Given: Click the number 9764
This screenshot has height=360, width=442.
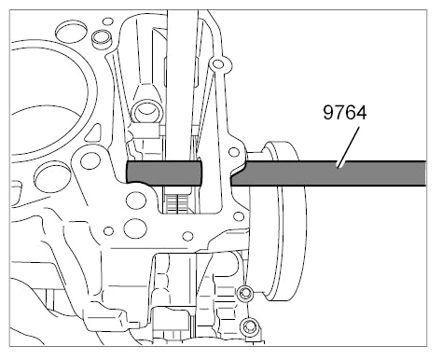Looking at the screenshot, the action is pyautogui.click(x=345, y=112).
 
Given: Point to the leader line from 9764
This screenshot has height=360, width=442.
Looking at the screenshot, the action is pyautogui.click(x=349, y=146).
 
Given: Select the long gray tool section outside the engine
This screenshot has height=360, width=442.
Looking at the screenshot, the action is pyautogui.click(x=328, y=173).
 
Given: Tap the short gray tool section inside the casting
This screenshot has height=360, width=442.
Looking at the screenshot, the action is pyautogui.click(x=164, y=173).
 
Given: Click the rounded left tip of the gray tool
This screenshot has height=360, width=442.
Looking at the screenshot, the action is pyautogui.click(x=127, y=172).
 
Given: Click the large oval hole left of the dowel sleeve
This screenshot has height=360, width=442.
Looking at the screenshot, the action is pyautogui.click(x=71, y=31).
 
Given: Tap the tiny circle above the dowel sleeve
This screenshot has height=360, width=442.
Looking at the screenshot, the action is pyautogui.click(x=108, y=21).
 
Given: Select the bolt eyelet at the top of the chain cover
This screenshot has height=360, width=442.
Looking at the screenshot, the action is pyautogui.click(x=218, y=63).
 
